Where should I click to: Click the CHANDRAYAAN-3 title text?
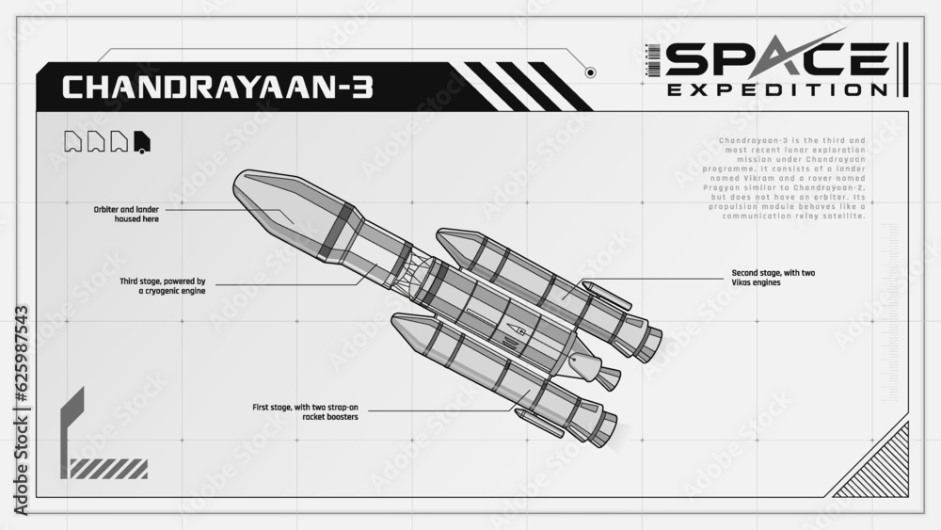(x=217, y=88)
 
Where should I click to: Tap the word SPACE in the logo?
(x=776, y=59)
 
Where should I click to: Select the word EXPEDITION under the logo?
(x=776, y=90)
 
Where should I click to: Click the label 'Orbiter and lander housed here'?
(x=126, y=214)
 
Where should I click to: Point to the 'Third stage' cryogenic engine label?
(x=163, y=285)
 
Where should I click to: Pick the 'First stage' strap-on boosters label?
(x=305, y=411)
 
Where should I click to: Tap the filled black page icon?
(x=142, y=141)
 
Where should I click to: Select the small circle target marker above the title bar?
(x=590, y=72)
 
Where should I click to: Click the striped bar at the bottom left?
(x=108, y=468)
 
